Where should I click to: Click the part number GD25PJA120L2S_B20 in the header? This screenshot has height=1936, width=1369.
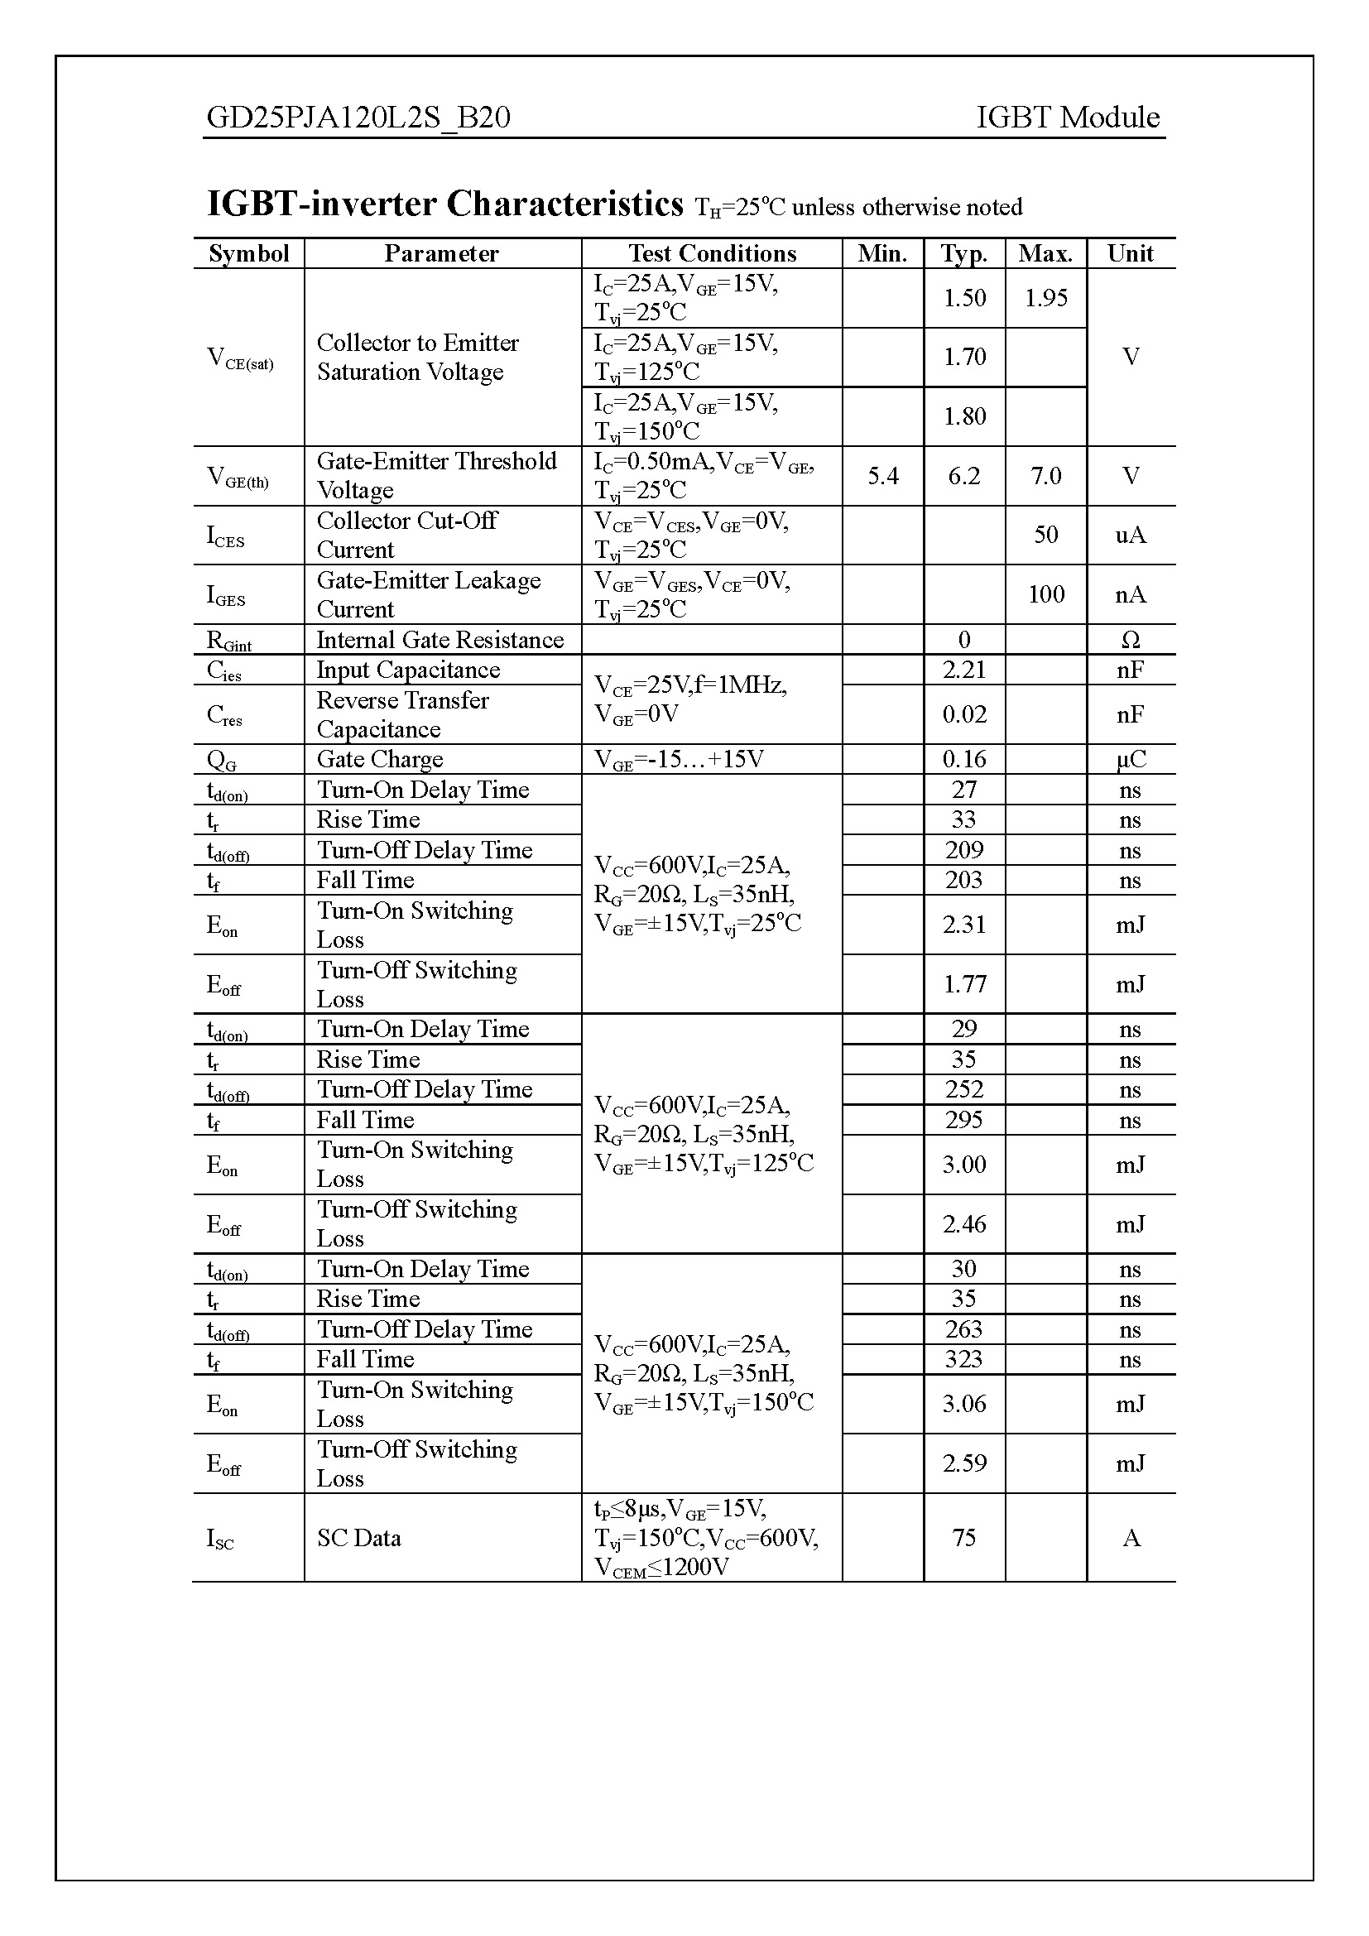(358, 118)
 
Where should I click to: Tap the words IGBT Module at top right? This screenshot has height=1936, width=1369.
(1067, 118)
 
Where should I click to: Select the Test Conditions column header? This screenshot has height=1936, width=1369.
(712, 254)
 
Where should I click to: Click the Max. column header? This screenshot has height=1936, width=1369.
(1045, 254)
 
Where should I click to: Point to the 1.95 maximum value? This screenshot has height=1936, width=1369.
(1045, 298)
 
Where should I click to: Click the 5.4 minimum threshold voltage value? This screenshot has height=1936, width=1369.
(882, 477)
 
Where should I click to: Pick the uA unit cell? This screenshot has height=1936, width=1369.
(1131, 535)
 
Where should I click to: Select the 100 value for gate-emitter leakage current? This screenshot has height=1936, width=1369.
(1045, 594)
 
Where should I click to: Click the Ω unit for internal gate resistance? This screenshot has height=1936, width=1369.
(1131, 640)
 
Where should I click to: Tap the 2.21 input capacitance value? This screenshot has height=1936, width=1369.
(963, 670)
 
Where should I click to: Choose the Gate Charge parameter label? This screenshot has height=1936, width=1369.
(379, 760)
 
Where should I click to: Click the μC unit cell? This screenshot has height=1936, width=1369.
(1131, 760)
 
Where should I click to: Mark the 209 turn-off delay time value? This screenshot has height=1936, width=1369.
(963, 850)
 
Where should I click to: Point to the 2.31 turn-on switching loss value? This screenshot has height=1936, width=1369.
(963, 925)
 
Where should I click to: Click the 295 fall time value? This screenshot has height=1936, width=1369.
(963, 1120)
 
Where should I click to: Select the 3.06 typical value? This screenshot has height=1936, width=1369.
(963, 1404)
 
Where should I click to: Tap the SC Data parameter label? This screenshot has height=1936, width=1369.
(359, 1538)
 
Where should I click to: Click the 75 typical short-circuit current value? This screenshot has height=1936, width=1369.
(963, 1538)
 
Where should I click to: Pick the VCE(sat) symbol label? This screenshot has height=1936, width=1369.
(240, 358)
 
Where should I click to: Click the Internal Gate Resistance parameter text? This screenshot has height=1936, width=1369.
(440, 640)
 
